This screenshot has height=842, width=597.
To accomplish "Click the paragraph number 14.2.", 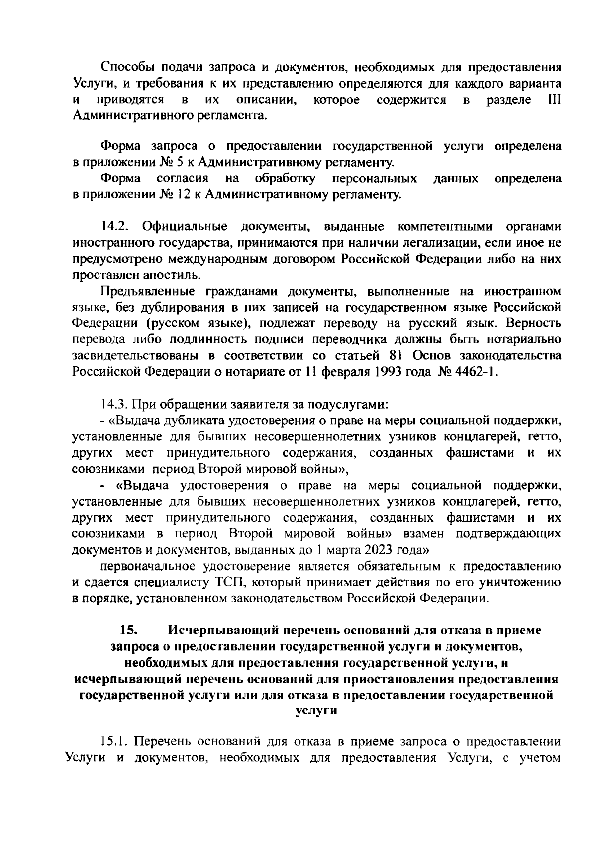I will tap(115, 227).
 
